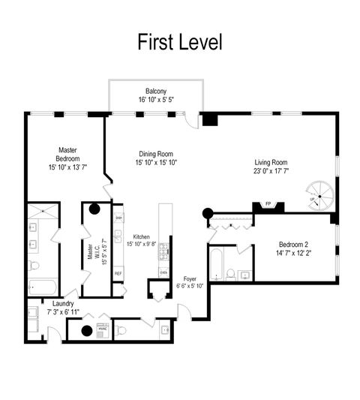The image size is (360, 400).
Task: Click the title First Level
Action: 180,42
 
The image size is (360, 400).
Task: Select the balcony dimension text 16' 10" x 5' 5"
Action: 156,99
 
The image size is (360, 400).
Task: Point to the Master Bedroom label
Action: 67,155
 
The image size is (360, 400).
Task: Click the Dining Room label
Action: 156,153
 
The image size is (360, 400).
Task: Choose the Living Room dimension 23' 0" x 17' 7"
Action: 271,170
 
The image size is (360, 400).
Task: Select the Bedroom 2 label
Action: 292,245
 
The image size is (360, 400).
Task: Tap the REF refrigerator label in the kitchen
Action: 118,273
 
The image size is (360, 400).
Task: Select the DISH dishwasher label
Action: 118,218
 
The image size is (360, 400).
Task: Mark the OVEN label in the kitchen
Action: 163,272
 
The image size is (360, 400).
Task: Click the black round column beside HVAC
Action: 85,330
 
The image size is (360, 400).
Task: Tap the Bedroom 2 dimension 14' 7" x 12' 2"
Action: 292,254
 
